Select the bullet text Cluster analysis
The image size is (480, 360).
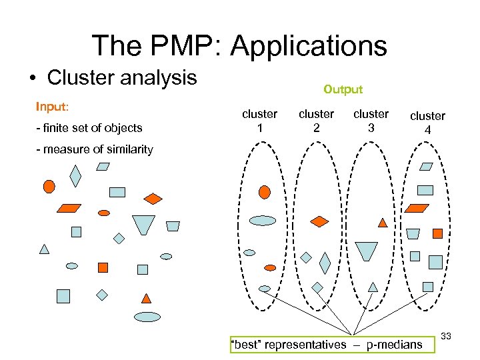(x=122, y=77)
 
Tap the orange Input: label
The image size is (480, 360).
(x=53, y=107)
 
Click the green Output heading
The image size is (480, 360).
(x=343, y=89)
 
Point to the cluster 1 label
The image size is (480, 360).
(x=259, y=120)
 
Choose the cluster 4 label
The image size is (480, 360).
(x=427, y=123)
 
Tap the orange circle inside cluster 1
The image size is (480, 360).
(x=264, y=192)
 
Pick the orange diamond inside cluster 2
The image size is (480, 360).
(x=320, y=221)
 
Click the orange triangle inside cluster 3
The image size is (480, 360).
(x=383, y=222)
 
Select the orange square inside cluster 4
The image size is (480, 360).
(x=437, y=233)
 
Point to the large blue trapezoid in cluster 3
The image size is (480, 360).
(x=366, y=251)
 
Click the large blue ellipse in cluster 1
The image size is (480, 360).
(x=262, y=220)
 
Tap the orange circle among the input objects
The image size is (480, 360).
(x=49, y=186)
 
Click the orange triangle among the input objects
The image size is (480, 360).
(x=146, y=297)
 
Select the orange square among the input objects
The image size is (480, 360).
(x=103, y=267)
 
